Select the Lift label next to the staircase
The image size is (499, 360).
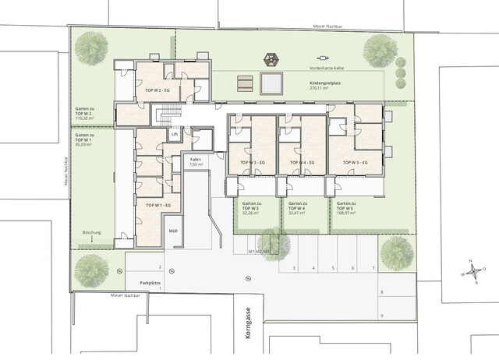tap(175, 134)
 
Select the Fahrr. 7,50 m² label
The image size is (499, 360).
tap(196, 161)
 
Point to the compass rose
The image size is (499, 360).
tap(471, 271)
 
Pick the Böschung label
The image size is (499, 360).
tap(92, 233)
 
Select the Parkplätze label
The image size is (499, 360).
tap(150, 281)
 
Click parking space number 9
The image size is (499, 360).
tap(382, 316)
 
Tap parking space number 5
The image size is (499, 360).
tap(333, 268)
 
